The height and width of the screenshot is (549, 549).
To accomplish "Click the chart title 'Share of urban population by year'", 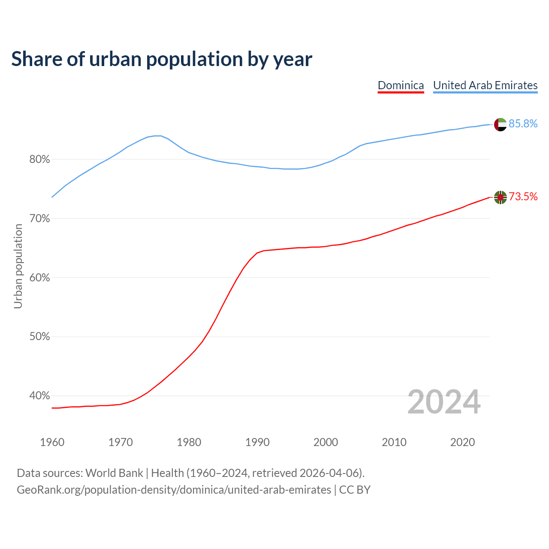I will (161, 59).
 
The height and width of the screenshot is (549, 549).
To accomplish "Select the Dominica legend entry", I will (401, 85).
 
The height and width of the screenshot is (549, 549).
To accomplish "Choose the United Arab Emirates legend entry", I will (485, 85).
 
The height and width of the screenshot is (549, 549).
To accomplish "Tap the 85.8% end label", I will (523, 124).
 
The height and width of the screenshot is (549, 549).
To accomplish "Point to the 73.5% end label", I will (523, 197).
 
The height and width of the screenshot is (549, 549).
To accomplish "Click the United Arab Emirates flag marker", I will (500, 124).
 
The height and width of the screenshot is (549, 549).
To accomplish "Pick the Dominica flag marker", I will (500, 197).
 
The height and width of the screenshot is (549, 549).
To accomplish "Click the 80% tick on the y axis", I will (39, 160).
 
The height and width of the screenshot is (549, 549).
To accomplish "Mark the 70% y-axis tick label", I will (39, 219).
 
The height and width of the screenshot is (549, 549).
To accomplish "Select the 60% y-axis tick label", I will (39, 278).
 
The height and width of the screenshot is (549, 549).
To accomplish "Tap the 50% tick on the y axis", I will (39, 337).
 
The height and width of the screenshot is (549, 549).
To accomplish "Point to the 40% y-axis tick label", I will (39, 396).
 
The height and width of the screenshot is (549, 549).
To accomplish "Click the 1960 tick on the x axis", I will (52, 442).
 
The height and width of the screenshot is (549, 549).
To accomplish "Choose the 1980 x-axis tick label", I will (189, 442).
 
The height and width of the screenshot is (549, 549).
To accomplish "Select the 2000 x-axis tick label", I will (326, 442).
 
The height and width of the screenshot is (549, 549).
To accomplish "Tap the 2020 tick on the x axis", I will (462, 442).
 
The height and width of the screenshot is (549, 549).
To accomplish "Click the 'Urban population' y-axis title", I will (18, 266).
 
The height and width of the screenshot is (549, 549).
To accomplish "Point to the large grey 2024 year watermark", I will (444, 402).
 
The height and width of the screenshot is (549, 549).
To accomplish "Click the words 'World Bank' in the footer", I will (114, 473).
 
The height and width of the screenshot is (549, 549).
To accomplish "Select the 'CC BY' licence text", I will (355, 490).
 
